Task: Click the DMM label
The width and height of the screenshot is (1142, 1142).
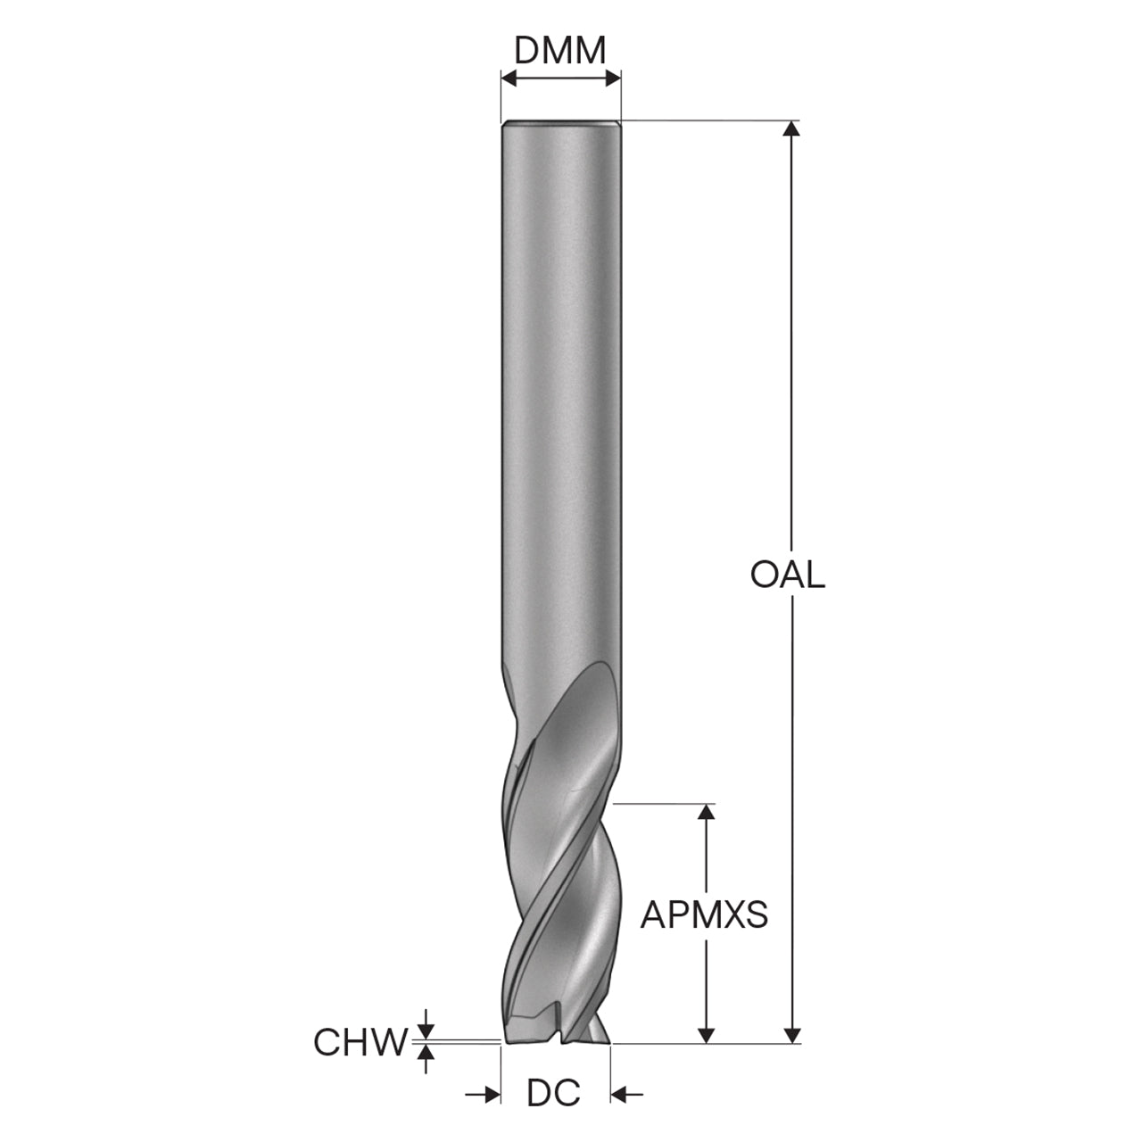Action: [x=559, y=52]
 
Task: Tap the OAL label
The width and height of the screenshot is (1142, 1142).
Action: [x=787, y=575]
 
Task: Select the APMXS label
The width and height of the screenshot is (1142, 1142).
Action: [x=704, y=915]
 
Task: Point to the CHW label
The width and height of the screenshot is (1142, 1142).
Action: [x=360, y=1042]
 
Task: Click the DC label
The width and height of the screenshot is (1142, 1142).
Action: [x=554, y=1093]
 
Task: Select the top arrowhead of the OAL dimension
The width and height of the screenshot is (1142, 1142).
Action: [x=791, y=128]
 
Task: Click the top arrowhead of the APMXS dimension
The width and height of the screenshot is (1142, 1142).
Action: [x=705, y=812]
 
